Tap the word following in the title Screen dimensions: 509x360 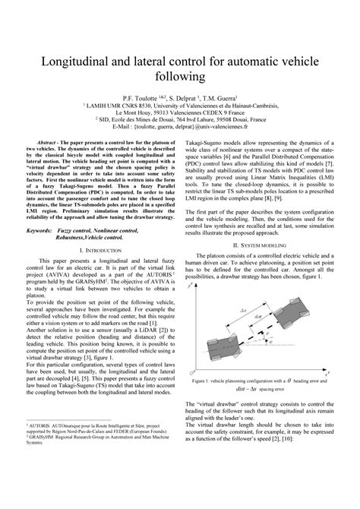coord(180,77)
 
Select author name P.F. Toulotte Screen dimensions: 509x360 coord(144,97)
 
